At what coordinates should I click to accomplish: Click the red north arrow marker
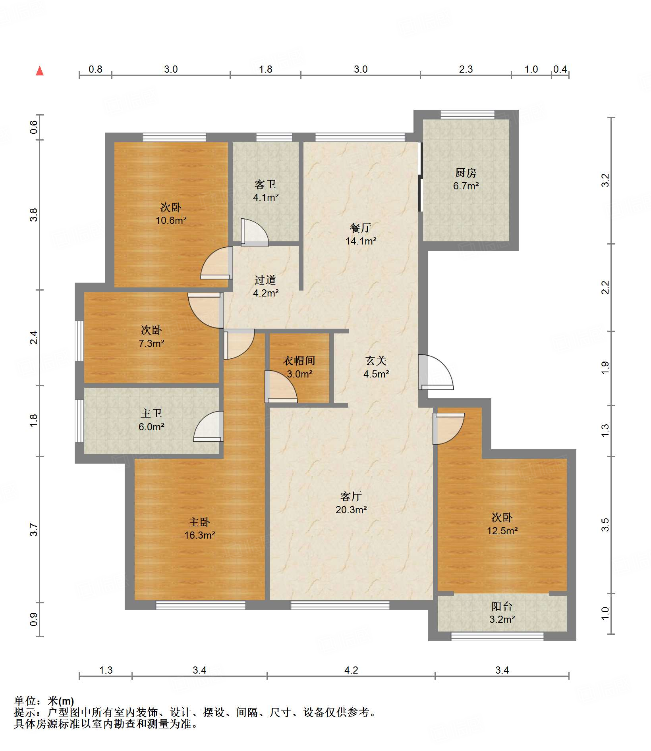40,71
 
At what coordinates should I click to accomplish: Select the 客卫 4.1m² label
265,191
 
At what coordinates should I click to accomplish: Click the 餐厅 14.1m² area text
361,234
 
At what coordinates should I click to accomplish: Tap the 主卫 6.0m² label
151,420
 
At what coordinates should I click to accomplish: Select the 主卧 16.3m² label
199,528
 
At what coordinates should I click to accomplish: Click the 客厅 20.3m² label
351,503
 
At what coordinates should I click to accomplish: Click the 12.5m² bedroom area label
502,531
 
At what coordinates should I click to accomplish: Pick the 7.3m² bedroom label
151,343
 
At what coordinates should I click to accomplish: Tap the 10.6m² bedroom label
171,220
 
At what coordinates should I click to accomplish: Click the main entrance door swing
436,372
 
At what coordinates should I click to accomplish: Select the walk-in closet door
281,386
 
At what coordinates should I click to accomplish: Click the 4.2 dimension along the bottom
351,670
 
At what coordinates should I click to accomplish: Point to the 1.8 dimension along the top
265,69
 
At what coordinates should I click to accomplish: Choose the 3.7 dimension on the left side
34,530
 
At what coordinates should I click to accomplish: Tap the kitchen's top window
467,114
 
